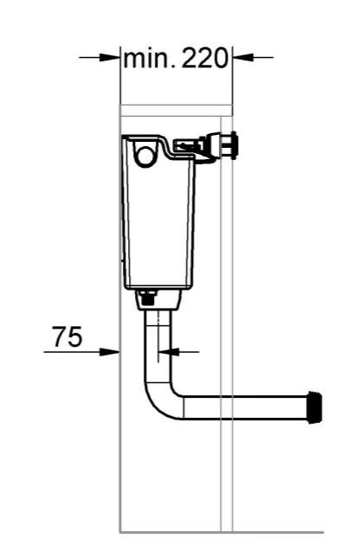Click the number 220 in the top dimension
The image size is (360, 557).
coord(205,59)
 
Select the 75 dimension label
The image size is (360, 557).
coord(67,336)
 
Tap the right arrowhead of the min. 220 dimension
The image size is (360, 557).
coord(241,58)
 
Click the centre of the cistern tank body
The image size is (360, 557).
coord(157,221)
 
